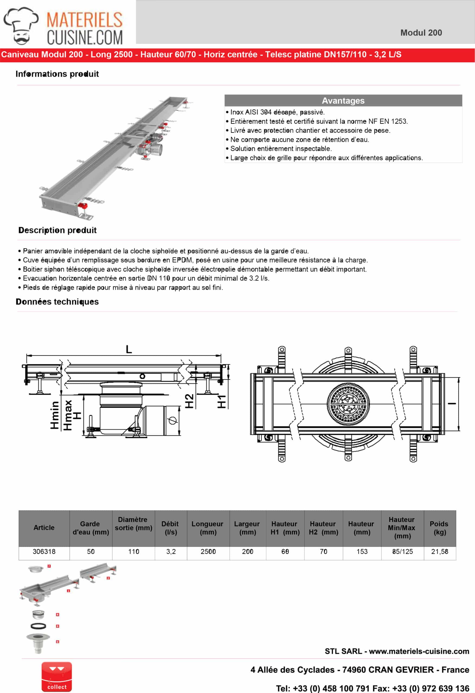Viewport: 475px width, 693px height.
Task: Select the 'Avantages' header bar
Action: [x=343, y=100]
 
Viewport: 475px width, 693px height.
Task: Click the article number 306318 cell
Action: [x=44, y=551]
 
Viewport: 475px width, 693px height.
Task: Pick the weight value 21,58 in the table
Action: [x=440, y=551]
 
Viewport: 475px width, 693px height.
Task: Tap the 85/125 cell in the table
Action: [x=402, y=551]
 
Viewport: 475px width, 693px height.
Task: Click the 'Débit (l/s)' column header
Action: [x=170, y=528]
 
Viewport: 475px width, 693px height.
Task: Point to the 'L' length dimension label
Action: [x=129, y=349]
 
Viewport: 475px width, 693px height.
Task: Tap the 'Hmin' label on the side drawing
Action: [x=55, y=415]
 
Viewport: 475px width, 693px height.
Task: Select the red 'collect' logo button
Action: [x=57, y=677]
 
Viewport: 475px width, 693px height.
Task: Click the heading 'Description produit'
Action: [x=58, y=230]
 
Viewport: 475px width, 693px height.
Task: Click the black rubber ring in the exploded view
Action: [x=38, y=626]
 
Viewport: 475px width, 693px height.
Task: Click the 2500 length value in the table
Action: [x=208, y=551]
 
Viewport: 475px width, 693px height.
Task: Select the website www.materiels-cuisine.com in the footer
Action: [x=419, y=651]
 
